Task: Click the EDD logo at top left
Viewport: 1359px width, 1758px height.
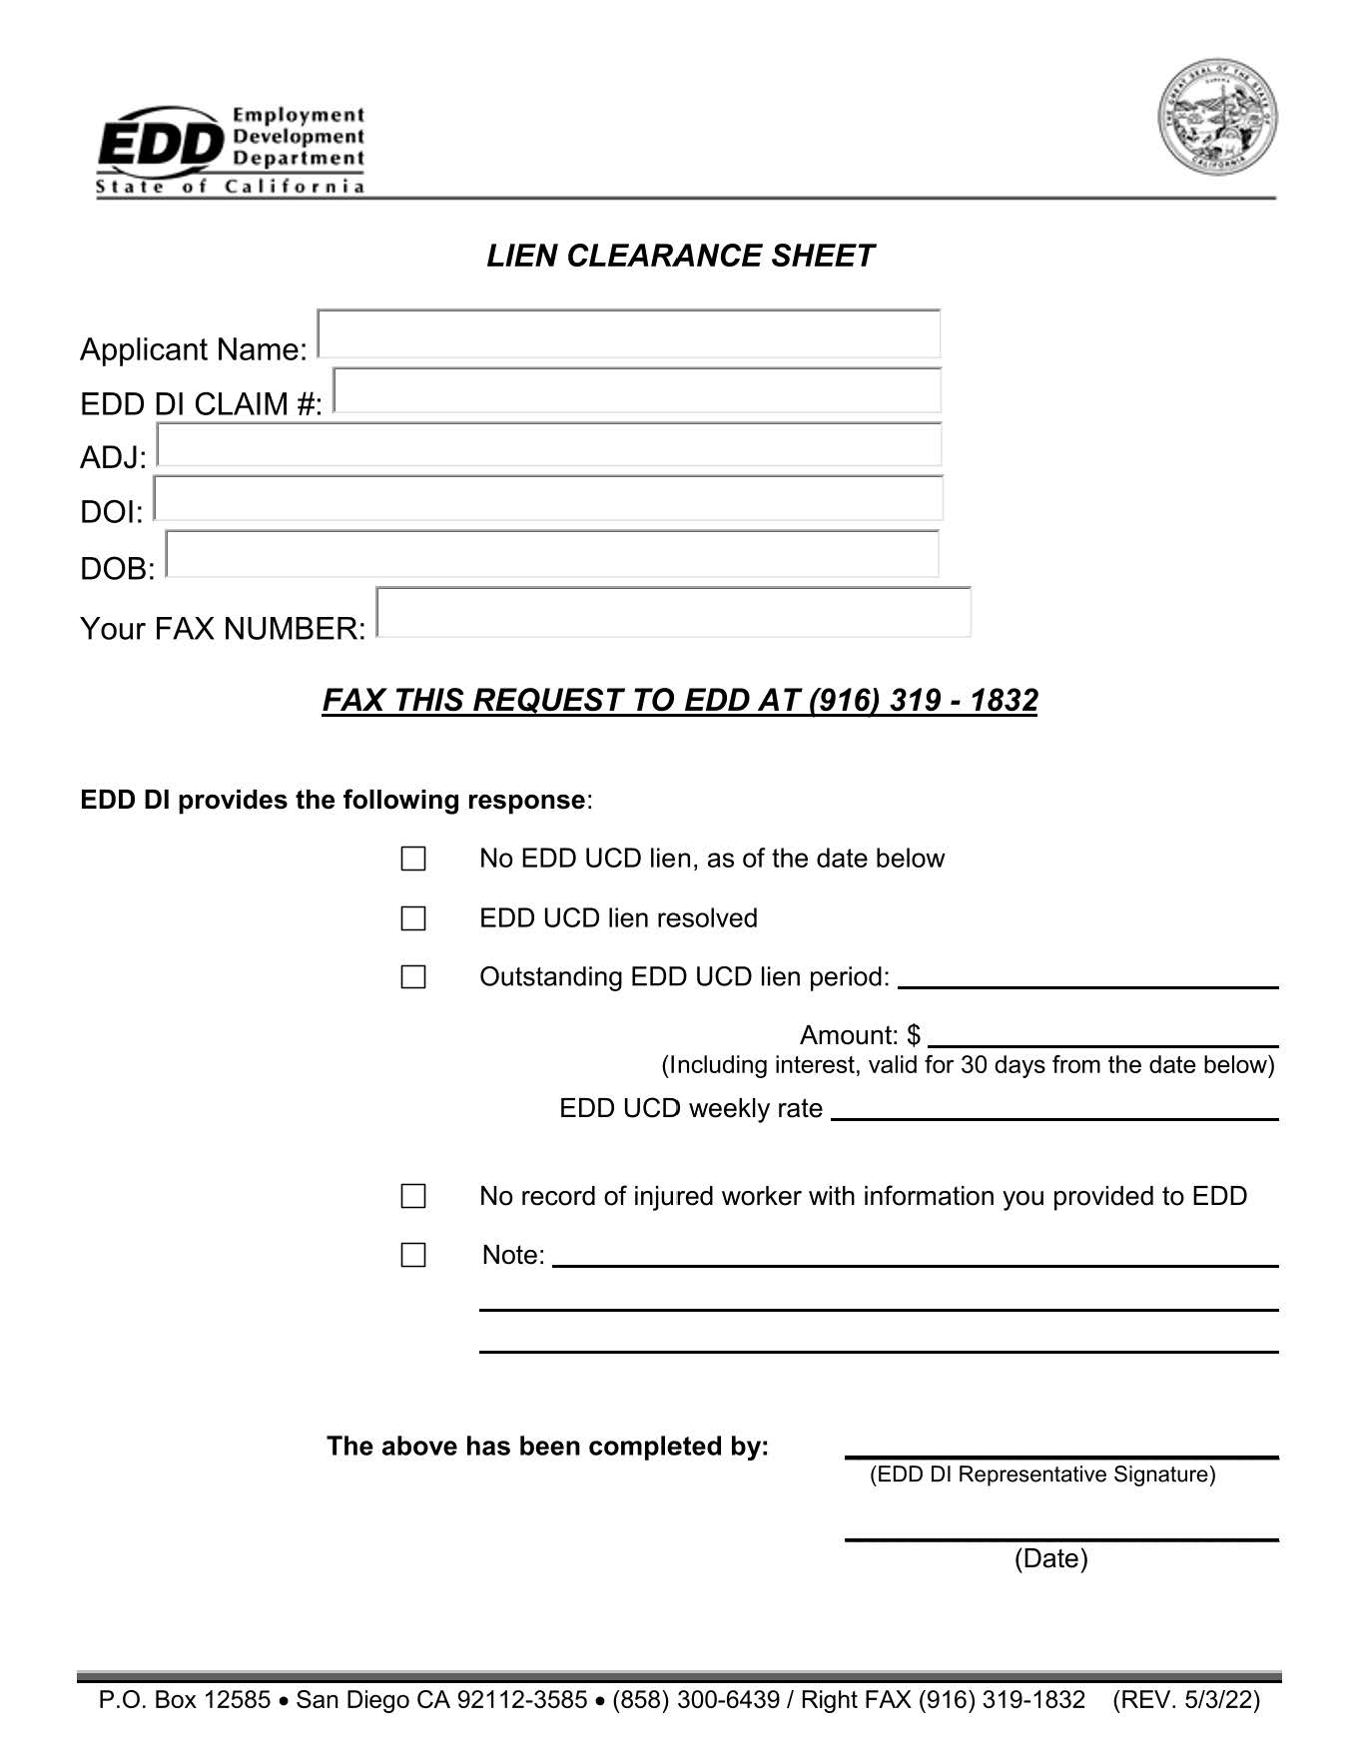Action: click(230, 150)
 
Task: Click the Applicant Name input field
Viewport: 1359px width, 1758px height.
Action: click(629, 334)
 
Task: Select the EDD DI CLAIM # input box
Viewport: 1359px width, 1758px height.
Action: click(637, 390)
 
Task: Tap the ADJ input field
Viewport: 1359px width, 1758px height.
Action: click(549, 445)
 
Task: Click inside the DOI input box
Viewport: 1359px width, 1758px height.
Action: click(548, 498)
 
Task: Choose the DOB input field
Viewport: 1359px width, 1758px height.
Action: click(552, 554)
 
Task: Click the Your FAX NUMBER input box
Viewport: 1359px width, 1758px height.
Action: click(674, 612)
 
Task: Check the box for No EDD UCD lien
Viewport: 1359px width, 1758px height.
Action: click(413, 859)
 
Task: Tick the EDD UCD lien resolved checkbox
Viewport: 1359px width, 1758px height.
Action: click(413, 918)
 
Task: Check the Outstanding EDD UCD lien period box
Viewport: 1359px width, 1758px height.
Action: click(413, 977)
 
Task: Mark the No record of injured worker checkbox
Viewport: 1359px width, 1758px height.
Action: click(413, 1196)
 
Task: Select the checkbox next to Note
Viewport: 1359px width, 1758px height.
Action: click(413, 1255)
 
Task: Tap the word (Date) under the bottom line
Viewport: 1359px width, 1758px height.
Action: click(1050, 1558)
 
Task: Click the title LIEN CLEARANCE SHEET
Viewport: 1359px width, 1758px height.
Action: click(680, 256)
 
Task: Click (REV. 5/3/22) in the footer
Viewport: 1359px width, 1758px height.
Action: click(1186, 1700)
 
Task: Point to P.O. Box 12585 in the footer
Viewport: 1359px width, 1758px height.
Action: click(185, 1700)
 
